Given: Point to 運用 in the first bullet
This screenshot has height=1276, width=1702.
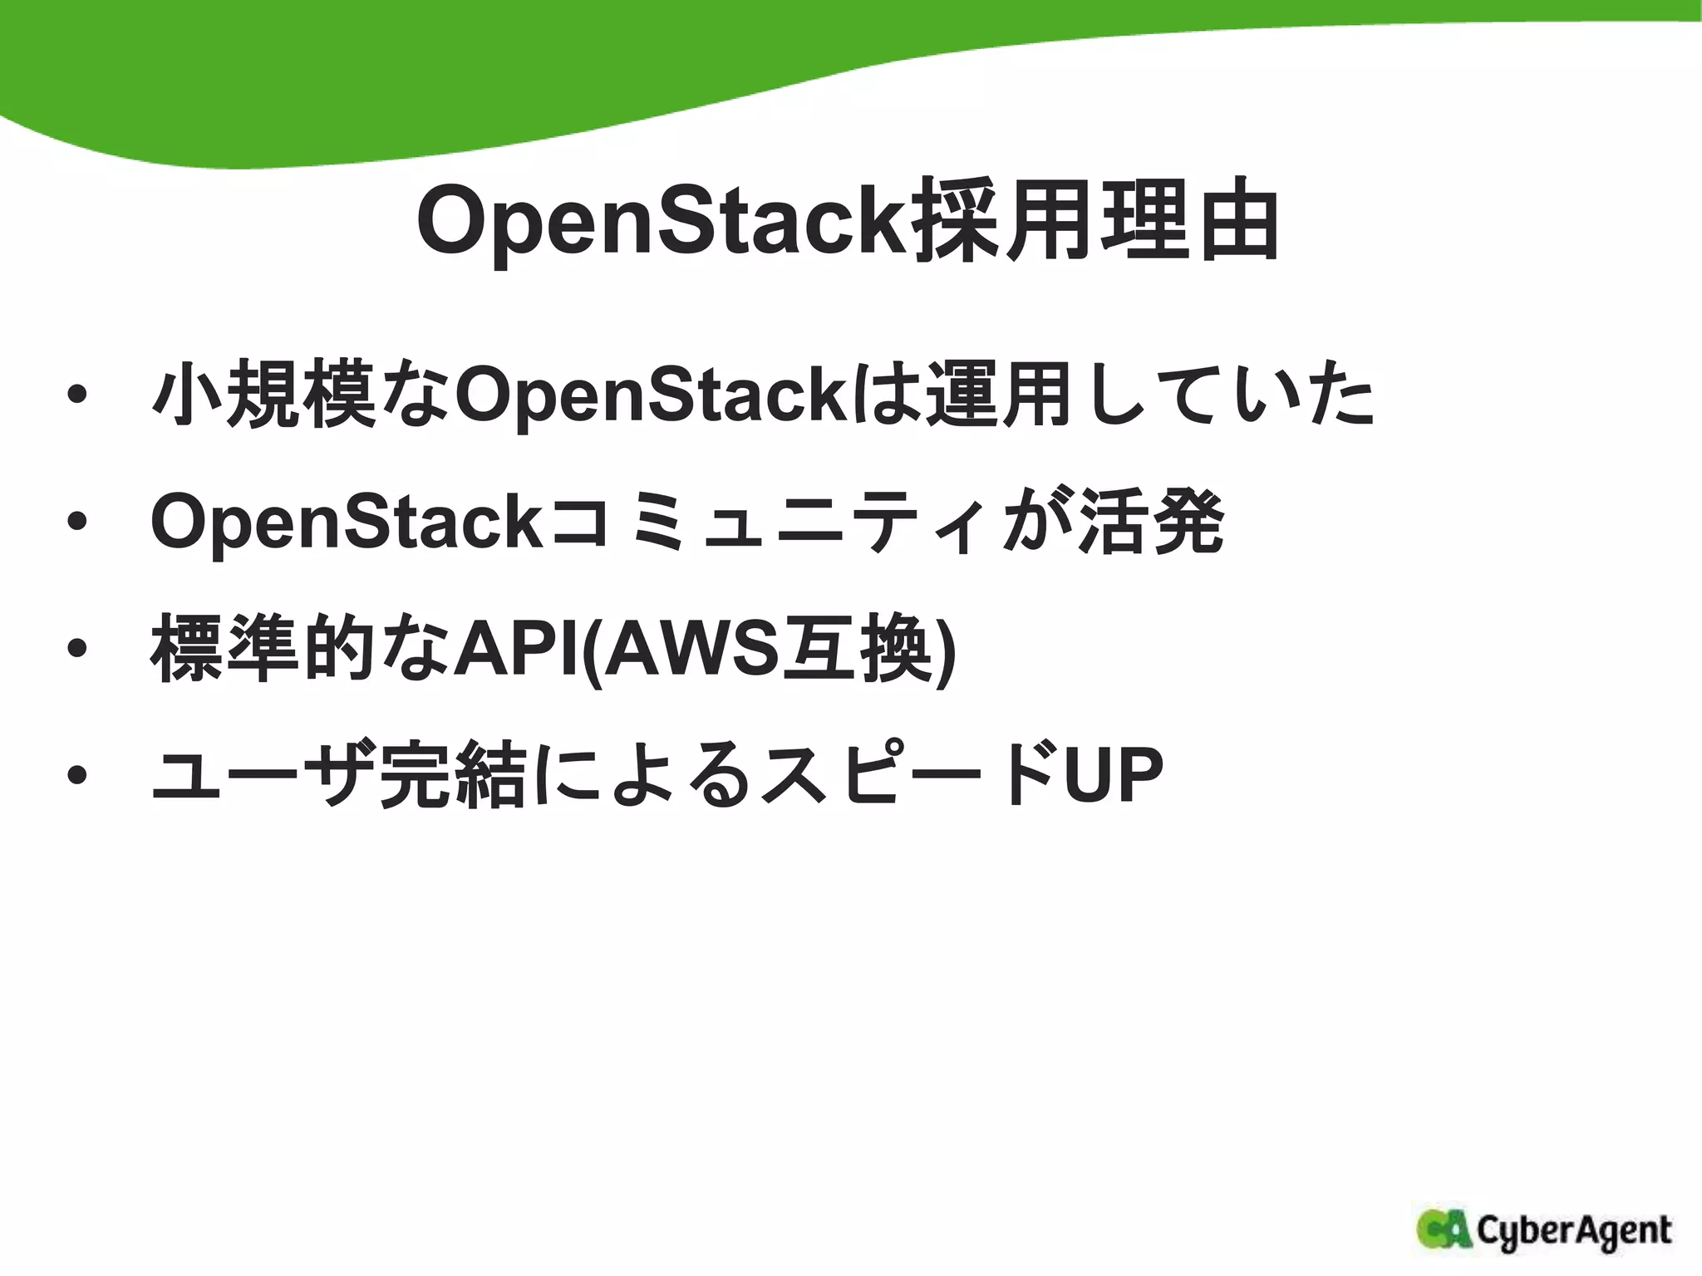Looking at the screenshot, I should [x=1001, y=394].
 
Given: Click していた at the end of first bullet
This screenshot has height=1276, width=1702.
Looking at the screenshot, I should [x=1222, y=395].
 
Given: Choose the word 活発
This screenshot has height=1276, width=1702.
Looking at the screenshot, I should [x=1151, y=522].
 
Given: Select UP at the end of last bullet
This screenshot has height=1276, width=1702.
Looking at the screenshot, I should [x=1114, y=776].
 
